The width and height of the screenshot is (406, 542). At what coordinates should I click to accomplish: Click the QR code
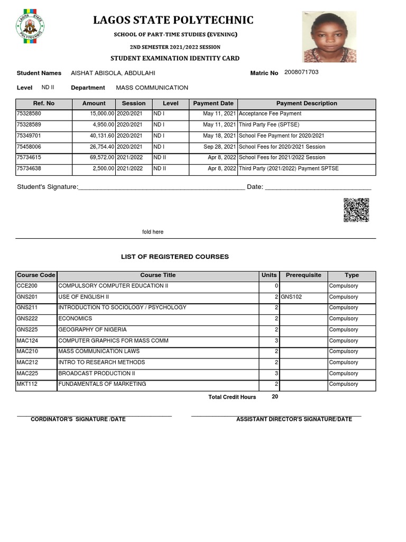pyautogui.click(x=356, y=210)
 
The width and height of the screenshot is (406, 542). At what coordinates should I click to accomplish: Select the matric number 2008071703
pyautogui.click(x=301, y=73)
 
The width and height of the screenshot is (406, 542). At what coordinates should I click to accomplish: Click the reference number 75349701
pyautogui.click(x=29, y=136)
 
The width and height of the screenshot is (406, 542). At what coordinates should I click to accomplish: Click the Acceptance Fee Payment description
pyautogui.click(x=270, y=114)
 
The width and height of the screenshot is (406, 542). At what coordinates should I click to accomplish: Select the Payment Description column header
pyautogui.click(x=307, y=104)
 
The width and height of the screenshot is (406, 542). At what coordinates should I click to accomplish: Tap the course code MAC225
pyautogui.click(x=27, y=374)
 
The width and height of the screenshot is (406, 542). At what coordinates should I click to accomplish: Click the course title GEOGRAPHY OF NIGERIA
pyautogui.click(x=93, y=330)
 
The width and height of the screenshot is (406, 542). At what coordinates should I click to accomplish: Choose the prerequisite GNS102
pyautogui.click(x=291, y=297)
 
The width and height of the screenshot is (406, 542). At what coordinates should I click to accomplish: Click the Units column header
pyautogui.click(x=269, y=275)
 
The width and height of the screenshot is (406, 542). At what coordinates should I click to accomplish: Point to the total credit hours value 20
pyautogui.click(x=275, y=396)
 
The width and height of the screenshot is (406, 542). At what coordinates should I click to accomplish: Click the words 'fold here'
pyautogui.click(x=153, y=232)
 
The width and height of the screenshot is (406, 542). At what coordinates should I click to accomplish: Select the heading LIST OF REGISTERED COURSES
pyautogui.click(x=175, y=257)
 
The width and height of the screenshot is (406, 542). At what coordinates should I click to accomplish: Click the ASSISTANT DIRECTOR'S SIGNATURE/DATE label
pyautogui.click(x=294, y=419)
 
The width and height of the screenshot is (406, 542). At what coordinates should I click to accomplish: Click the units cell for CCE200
pyautogui.click(x=276, y=286)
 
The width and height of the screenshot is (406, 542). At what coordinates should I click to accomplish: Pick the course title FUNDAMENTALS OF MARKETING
pyautogui.click(x=102, y=384)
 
